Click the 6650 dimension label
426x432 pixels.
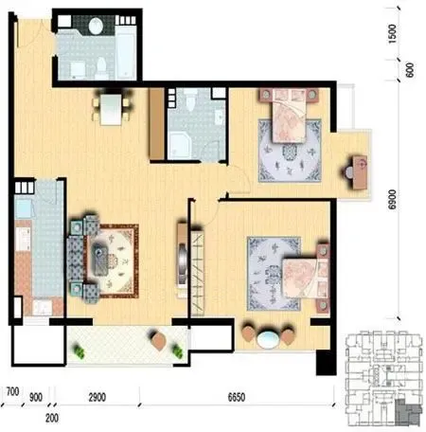[237, 397]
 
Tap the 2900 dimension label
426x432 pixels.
[97, 397]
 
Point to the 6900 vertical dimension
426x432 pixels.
[392, 199]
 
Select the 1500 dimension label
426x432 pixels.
[392, 34]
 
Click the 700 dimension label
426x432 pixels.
[12, 391]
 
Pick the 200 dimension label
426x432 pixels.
[52, 418]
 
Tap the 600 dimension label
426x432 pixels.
[410, 70]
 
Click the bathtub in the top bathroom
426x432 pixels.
[126, 52]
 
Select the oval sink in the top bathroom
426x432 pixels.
[96, 26]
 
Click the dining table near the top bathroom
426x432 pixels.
[111, 109]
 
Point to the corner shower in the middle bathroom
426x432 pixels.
[179, 146]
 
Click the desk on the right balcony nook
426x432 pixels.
[360, 172]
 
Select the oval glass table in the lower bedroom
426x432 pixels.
[268, 339]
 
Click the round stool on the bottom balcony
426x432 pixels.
[159, 341]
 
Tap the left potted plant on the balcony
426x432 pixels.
[79, 351]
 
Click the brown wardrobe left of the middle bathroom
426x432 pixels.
[157, 123]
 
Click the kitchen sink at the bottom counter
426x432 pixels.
[43, 307]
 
